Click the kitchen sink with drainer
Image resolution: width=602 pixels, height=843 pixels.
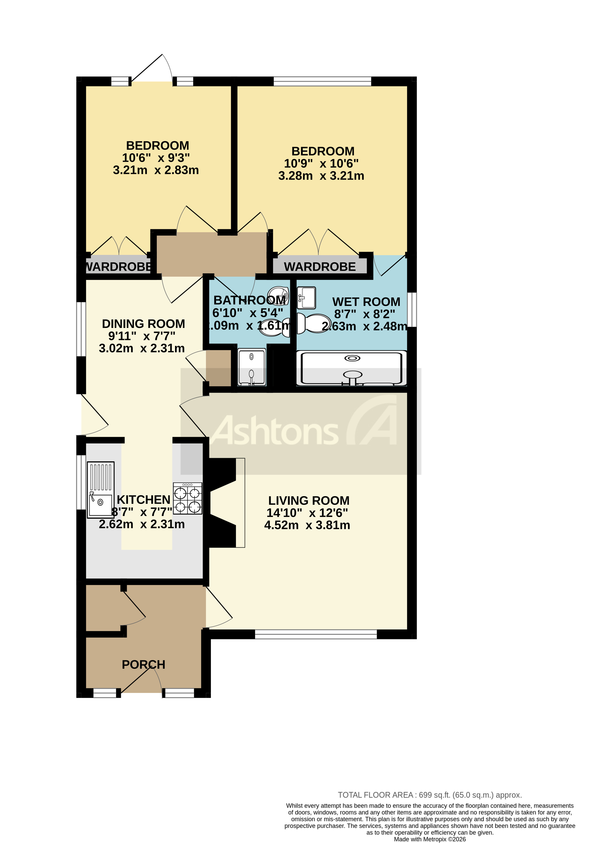tap(100, 489)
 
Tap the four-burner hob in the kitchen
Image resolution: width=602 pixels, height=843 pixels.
tap(188, 498)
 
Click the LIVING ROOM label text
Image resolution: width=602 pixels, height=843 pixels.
tap(308, 500)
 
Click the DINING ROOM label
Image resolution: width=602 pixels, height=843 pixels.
tap(143, 324)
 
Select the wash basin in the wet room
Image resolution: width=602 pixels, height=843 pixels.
tap(307, 298)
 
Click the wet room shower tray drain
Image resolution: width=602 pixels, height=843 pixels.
tap(352, 358)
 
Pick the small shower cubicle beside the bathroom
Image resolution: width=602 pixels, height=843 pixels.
tap(252, 367)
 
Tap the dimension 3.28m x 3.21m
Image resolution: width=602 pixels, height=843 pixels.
tap(321, 176)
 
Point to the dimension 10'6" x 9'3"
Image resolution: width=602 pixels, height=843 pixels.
tap(156, 158)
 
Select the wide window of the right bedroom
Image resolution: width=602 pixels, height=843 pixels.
tap(322, 81)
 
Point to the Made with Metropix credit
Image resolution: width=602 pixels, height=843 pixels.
tap(430, 839)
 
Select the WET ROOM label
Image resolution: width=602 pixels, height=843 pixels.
tap(366, 302)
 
